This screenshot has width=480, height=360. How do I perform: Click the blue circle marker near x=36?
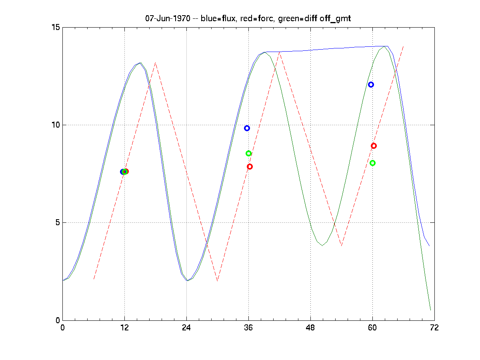pyautogui.click(x=247, y=128)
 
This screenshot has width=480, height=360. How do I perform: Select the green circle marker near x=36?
pyautogui.click(x=248, y=153)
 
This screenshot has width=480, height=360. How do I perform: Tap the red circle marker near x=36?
pyautogui.click(x=250, y=166)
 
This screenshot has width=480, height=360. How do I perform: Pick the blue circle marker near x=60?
pyautogui.click(x=371, y=84)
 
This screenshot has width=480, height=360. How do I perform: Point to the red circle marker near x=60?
pyautogui.click(x=374, y=146)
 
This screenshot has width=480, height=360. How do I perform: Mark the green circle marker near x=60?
pyautogui.click(x=372, y=163)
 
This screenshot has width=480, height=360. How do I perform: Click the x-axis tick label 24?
pyautogui.click(x=186, y=328)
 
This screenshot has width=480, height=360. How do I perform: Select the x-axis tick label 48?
pyautogui.click(x=310, y=328)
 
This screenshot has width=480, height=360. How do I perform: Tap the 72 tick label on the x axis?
pyautogui.click(x=434, y=328)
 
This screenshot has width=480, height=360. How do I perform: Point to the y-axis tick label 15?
pyautogui.click(x=55, y=27)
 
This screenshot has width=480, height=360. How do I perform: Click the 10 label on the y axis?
pyautogui.click(x=55, y=125)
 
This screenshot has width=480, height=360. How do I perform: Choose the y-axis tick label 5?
pyautogui.click(x=57, y=222)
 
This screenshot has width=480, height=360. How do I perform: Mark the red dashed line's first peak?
pyautogui.click(x=155, y=63)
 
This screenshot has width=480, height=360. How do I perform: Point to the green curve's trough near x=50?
pyautogui.click(x=322, y=245)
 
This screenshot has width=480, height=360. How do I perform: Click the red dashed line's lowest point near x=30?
pyautogui.click(x=217, y=281)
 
